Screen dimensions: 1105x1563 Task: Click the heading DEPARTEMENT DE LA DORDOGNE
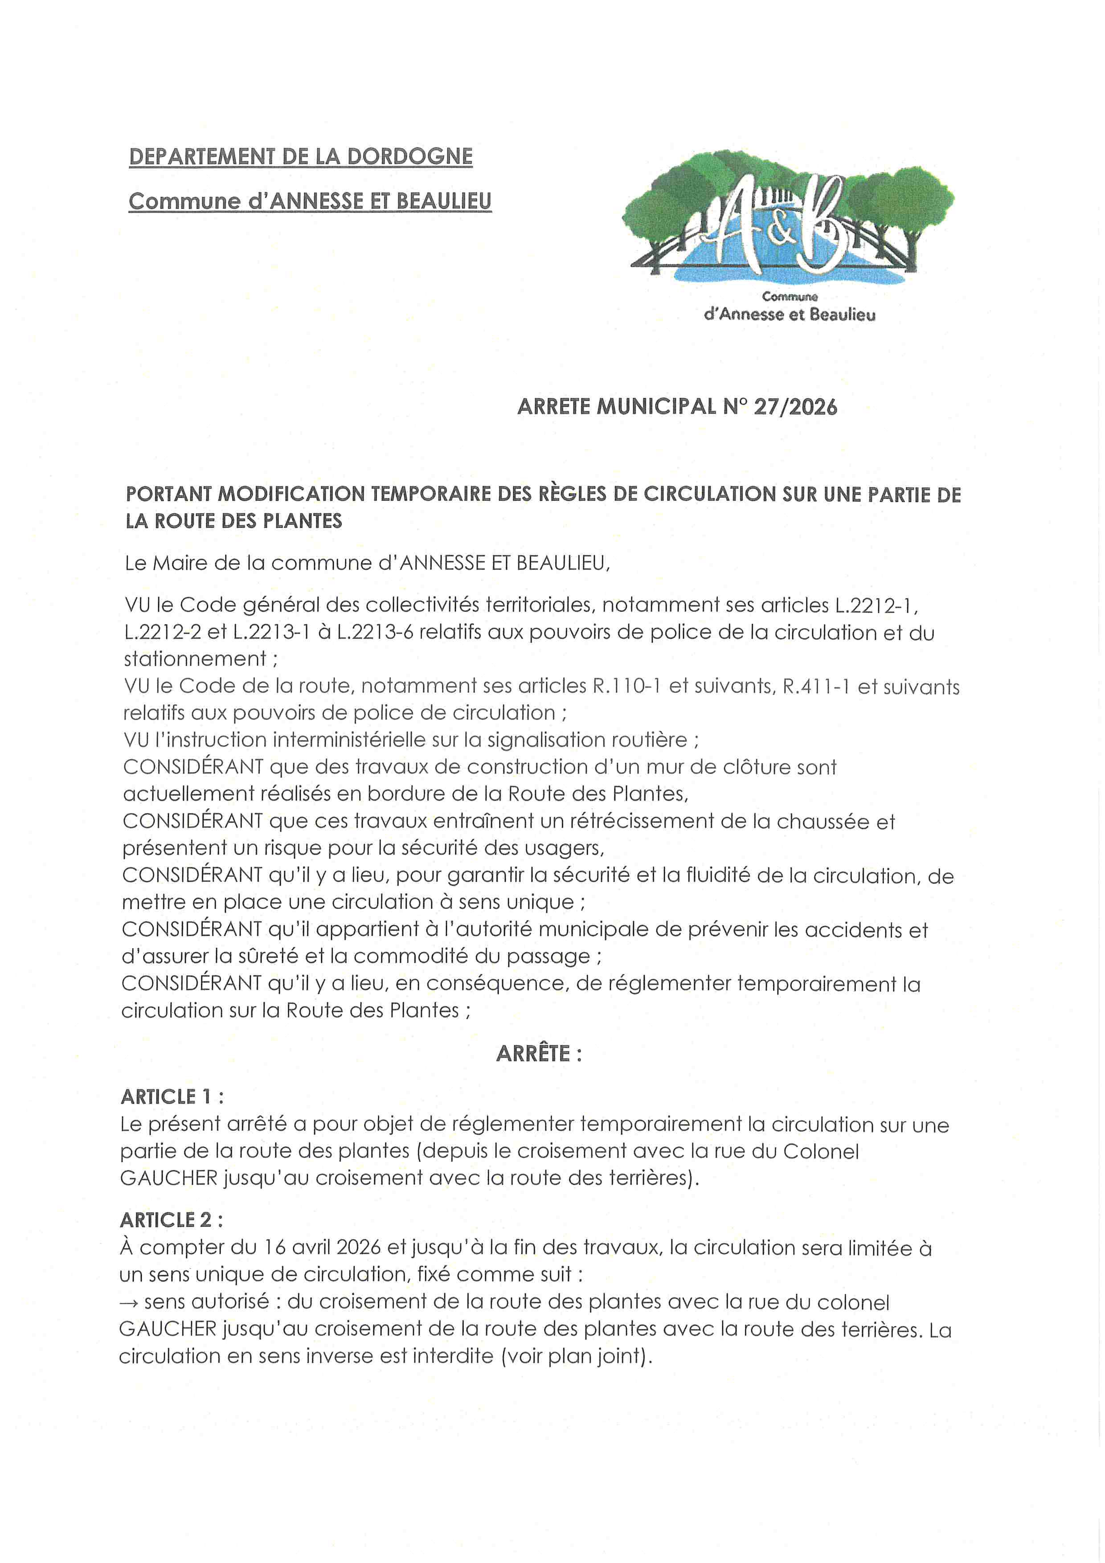click(x=300, y=156)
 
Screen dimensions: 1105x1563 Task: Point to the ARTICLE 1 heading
click(x=172, y=1097)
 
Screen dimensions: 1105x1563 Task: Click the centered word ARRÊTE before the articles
click(x=533, y=1054)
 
